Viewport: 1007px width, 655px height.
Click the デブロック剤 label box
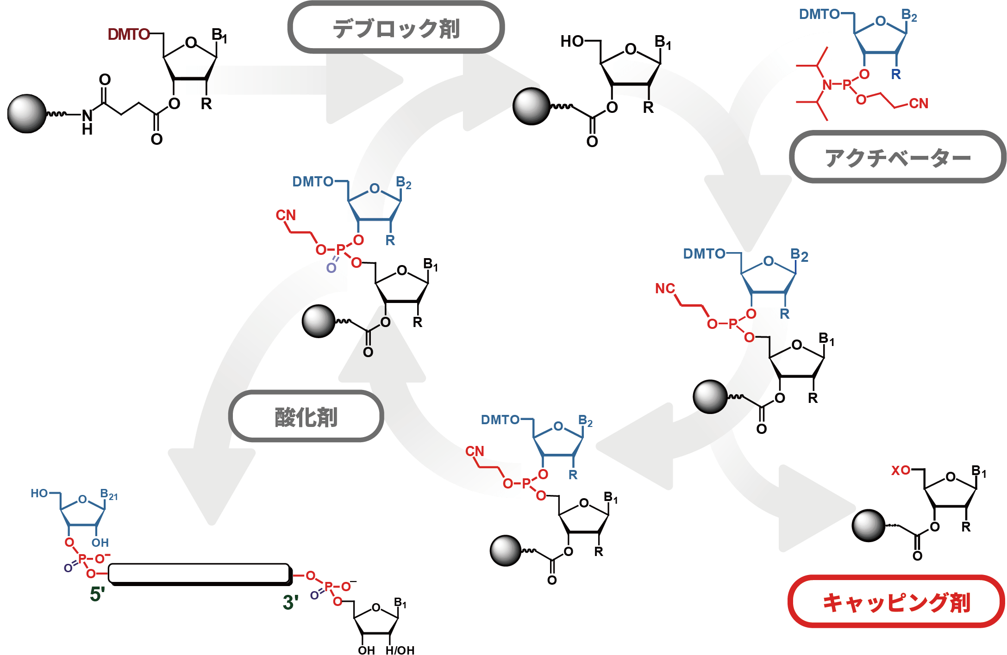[x=396, y=28]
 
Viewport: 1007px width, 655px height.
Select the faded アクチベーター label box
[x=897, y=157]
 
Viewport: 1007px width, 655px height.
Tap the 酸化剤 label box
[x=306, y=417]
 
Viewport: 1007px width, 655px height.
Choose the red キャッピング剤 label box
[x=896, y=602]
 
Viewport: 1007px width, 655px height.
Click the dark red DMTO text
[x=128, y=34]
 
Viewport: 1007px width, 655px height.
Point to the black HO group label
[x=572, y=42]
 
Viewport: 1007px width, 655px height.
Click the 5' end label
[x=97, y=594]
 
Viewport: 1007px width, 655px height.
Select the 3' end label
[x=290, y=602]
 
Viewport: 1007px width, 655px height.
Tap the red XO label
[x=901, y=471]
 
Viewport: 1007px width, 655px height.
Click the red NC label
[x=665, y=289]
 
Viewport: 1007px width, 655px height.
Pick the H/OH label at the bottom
[x=400, y=650]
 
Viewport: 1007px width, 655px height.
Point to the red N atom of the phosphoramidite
[x=827, y=85]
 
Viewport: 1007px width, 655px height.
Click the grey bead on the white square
[x=26, y=114]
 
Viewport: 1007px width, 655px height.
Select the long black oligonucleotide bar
[x=199, y=574]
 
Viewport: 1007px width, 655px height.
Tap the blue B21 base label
[x=109, y=494]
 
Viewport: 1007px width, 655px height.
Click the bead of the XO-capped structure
[x=869, y=525]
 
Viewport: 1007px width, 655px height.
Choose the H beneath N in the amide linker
[x=87, y=130]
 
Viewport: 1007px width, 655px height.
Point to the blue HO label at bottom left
[x=39, y=494]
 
